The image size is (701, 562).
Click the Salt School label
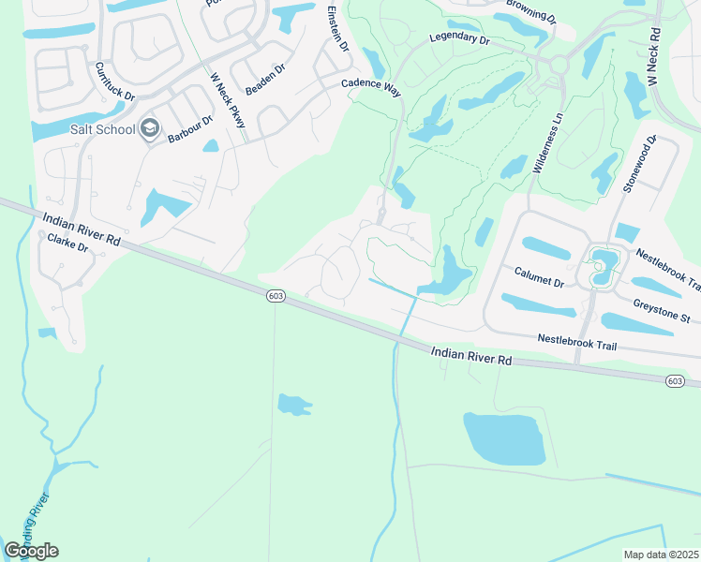click(102, 128)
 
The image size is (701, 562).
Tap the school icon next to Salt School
click(149, 129)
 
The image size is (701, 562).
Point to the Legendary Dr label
click(459, 40)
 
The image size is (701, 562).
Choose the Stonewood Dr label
click(640, 165)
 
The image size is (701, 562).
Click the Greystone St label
click(661, 309)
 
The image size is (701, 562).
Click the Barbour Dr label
click(191, 128)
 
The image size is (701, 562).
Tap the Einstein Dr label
click(338, 29)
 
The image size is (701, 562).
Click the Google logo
click(31, 551)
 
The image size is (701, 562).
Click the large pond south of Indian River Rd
click(503, 437)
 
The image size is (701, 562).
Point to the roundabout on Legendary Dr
click(559, 65)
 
